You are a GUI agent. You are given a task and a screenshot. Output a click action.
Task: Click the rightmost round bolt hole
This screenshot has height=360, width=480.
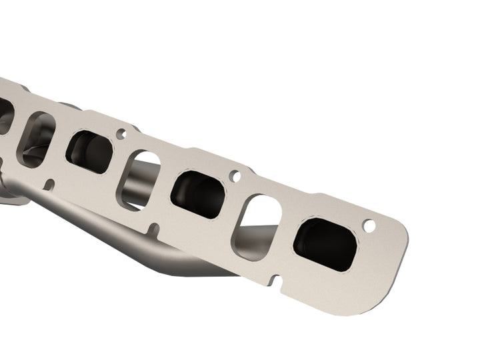coord(369,226)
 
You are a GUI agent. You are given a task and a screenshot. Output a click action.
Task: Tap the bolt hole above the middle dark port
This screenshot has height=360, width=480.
coord(234,177)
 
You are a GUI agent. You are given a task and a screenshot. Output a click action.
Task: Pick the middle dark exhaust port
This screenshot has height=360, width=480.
coord(198,194)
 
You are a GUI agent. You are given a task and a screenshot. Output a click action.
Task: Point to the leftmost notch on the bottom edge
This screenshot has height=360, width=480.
coord(49,183)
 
